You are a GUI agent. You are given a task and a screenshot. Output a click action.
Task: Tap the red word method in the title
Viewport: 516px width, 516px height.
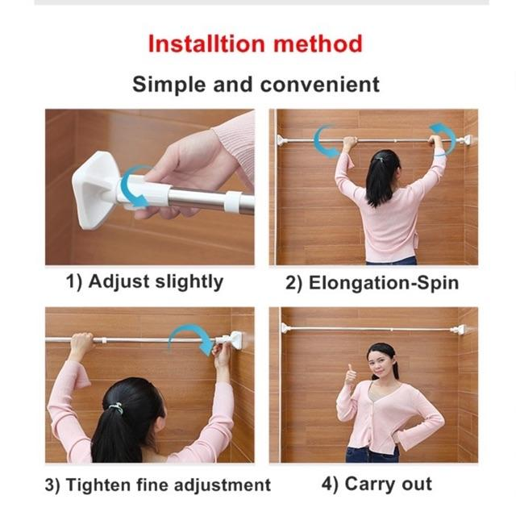[318, 44]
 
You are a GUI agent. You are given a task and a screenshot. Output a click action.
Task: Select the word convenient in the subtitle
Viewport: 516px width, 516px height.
[320, 85]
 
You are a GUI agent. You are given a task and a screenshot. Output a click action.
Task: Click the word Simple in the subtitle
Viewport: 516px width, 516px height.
[169, 85]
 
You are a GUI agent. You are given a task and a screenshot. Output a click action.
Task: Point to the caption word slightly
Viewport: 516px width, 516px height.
[189, 283]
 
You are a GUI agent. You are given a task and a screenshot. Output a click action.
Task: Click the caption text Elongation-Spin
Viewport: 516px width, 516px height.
[384, 283]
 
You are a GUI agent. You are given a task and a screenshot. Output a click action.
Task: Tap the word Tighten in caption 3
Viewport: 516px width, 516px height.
[98, 485]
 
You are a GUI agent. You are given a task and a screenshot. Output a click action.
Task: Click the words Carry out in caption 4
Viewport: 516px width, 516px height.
[389, 484]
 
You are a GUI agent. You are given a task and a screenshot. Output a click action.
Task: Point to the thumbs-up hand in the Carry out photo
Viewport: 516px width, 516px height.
[351, 376]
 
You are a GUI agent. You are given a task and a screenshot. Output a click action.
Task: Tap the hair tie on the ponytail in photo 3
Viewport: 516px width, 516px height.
[117, 408]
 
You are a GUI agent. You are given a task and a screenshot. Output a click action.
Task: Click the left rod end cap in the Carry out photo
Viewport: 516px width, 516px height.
[285, 327]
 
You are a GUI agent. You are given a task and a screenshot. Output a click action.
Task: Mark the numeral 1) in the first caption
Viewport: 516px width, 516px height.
[73, 283]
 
